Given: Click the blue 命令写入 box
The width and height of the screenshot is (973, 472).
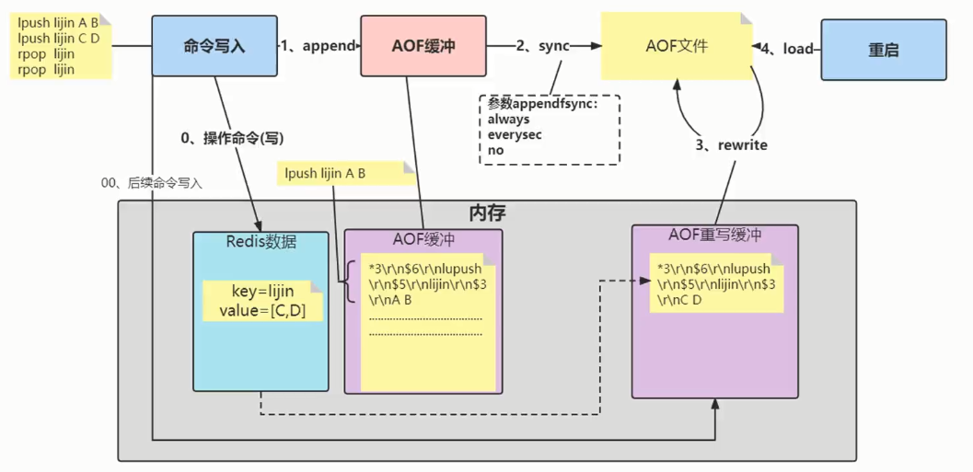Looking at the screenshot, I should (x=214, y=45).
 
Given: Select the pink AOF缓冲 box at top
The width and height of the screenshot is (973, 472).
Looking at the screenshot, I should (x=423, y=45).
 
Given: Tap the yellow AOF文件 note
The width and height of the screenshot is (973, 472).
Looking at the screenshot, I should (x=676, y=45).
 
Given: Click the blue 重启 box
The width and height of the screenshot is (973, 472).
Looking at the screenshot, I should (x=883, y=51).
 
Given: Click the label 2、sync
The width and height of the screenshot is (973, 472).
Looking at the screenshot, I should (x=542, y=45).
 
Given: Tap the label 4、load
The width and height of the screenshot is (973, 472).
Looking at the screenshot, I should (x=790, y=48).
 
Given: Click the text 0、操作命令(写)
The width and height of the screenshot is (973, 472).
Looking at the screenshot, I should (x=232, y=138).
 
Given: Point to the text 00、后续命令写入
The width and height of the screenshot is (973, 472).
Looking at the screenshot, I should (x=152, y=183).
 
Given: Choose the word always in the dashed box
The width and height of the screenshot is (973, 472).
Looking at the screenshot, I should (x=508, y=120).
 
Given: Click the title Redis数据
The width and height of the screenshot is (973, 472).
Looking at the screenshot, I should (x=261, y=241).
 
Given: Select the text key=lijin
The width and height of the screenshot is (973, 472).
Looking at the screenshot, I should (x=262, y=292).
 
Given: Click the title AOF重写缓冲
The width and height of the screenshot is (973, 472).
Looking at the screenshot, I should (x=714, y=235).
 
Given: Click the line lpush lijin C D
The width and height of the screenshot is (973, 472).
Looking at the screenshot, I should (x=58, y=39).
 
